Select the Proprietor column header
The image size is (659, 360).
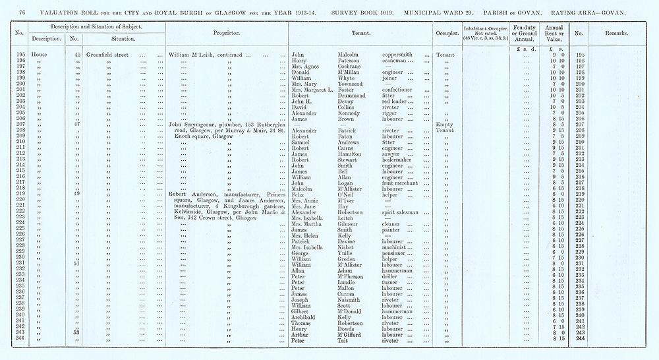[226, 32]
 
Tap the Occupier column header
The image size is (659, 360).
[446, 32]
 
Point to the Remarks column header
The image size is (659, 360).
[617, 32]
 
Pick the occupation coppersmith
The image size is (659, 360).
[400, 55]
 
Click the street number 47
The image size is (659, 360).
[77, 125]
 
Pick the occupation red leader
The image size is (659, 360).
[397, 102]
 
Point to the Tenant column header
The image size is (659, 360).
[358, 32]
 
